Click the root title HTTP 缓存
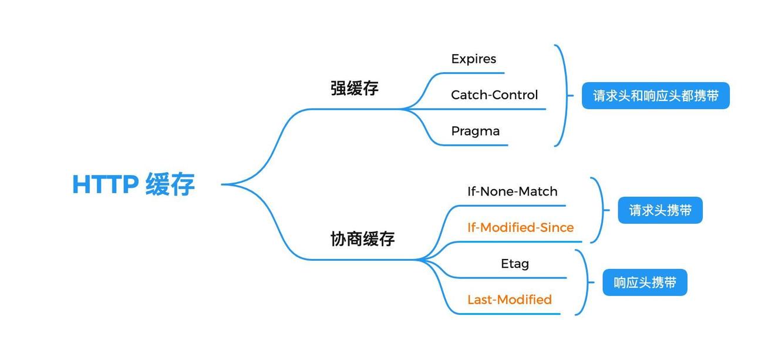(x=133, y=184)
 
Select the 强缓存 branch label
(x=354, y=88)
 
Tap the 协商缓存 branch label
(x=362, y=238)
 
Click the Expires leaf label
(x=473, y=59)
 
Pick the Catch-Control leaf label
(x=494, y=95)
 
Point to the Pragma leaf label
(x=475, y=131)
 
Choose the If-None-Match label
(x=512, y=191)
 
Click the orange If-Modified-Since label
(x=520, y=227)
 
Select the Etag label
(x=514, y=264)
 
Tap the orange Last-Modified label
(x=509, y=300)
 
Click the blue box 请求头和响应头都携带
(x=655, y=96)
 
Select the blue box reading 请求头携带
(x=660, y=210)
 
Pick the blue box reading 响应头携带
(x=645, y=282)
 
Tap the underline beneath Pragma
(x=476, y=144)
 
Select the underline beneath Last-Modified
(x=508, y=314)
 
